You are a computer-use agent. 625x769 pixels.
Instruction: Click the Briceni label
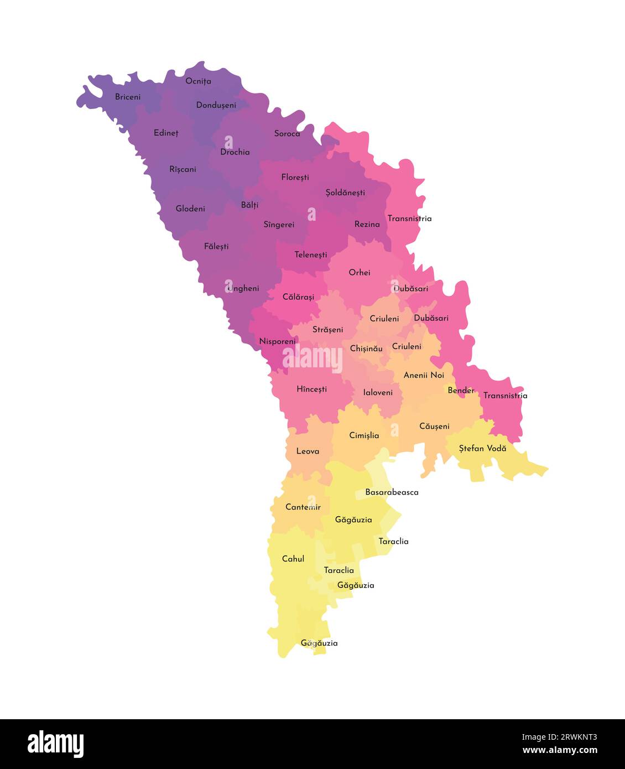(128, 97)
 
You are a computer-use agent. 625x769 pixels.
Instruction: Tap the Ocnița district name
(198, 81)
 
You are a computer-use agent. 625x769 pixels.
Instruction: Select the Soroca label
(287, 133)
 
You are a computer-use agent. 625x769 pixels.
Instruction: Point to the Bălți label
(249, 205)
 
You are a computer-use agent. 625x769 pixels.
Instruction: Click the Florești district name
(295, 178)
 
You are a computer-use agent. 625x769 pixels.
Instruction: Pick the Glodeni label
(190, 209)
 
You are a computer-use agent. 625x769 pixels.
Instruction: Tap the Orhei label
(360, 272)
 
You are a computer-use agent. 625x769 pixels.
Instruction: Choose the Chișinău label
(366, 349)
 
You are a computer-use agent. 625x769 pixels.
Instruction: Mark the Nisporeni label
(278, 341)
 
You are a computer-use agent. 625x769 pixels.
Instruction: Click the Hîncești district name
(311, 389)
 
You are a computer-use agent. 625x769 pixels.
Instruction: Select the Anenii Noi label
(424, 375)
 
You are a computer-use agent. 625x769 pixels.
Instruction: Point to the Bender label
(461, 391)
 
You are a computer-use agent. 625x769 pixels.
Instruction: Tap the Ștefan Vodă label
(482, 448)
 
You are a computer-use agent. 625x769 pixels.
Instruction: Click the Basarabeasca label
(392, 492)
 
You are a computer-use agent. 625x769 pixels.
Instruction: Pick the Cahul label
(293, 559)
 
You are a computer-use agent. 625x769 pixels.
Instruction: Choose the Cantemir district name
(303, 507)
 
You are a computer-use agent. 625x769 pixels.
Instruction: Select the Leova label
(308, 451)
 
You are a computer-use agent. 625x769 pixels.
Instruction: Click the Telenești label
(310, 255)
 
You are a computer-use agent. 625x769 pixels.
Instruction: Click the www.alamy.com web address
(560, 751)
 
